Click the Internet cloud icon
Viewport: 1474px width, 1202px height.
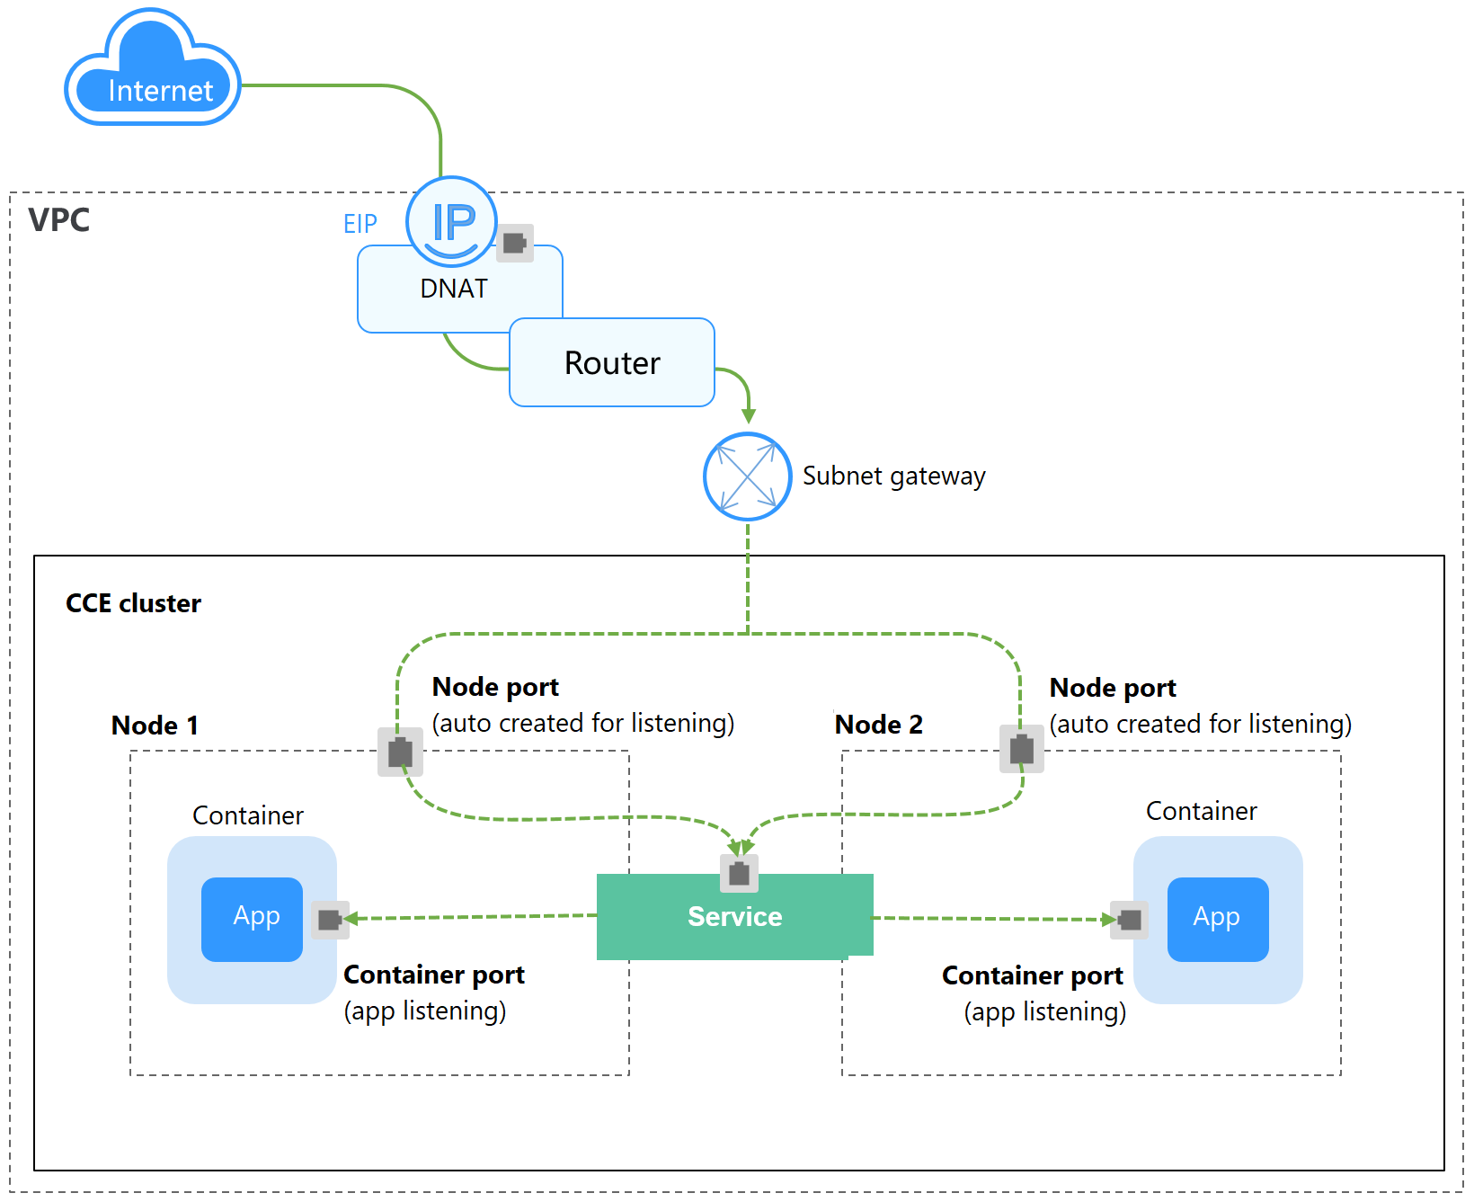[153, 72]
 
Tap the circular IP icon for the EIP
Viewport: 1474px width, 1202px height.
[451, 221]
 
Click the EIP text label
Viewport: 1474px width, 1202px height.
[360, 224]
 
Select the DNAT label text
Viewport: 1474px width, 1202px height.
[454, 289]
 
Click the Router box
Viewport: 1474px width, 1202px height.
[612, 362]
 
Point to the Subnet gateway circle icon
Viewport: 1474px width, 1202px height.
[747, 476]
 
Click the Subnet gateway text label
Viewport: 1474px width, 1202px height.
[893, 476]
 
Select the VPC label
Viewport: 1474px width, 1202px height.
[59, 220]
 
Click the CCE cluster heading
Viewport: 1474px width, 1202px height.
[133, 603]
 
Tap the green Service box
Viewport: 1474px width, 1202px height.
[734, 917]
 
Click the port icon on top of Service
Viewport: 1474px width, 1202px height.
[739, 873]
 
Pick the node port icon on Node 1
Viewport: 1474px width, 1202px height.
[400, 752]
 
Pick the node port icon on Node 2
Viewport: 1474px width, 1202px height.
[1022, 749]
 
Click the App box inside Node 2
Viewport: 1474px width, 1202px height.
[1218, 919]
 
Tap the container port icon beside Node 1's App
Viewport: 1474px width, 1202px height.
[330, 919]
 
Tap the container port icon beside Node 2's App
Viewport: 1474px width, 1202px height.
[1130, 920]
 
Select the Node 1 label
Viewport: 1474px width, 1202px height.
[155, 726]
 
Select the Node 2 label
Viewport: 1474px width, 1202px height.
[878, 725]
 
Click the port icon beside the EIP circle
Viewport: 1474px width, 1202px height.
[515, 243]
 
